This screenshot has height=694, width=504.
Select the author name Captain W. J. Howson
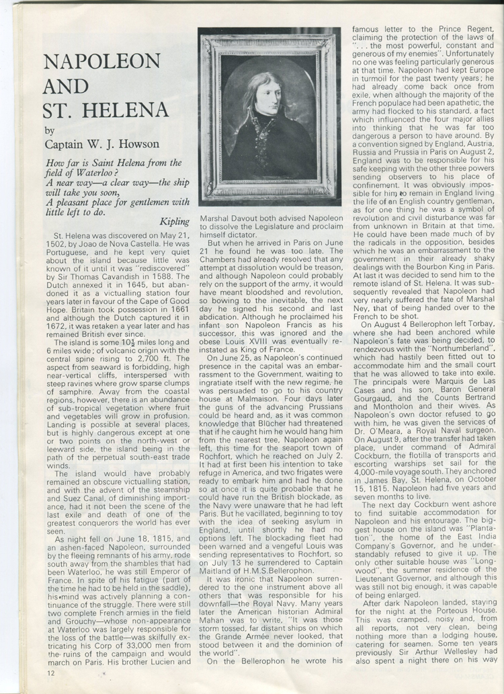(x=102, y=143)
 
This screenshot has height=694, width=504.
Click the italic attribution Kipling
(x=176, y=221)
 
